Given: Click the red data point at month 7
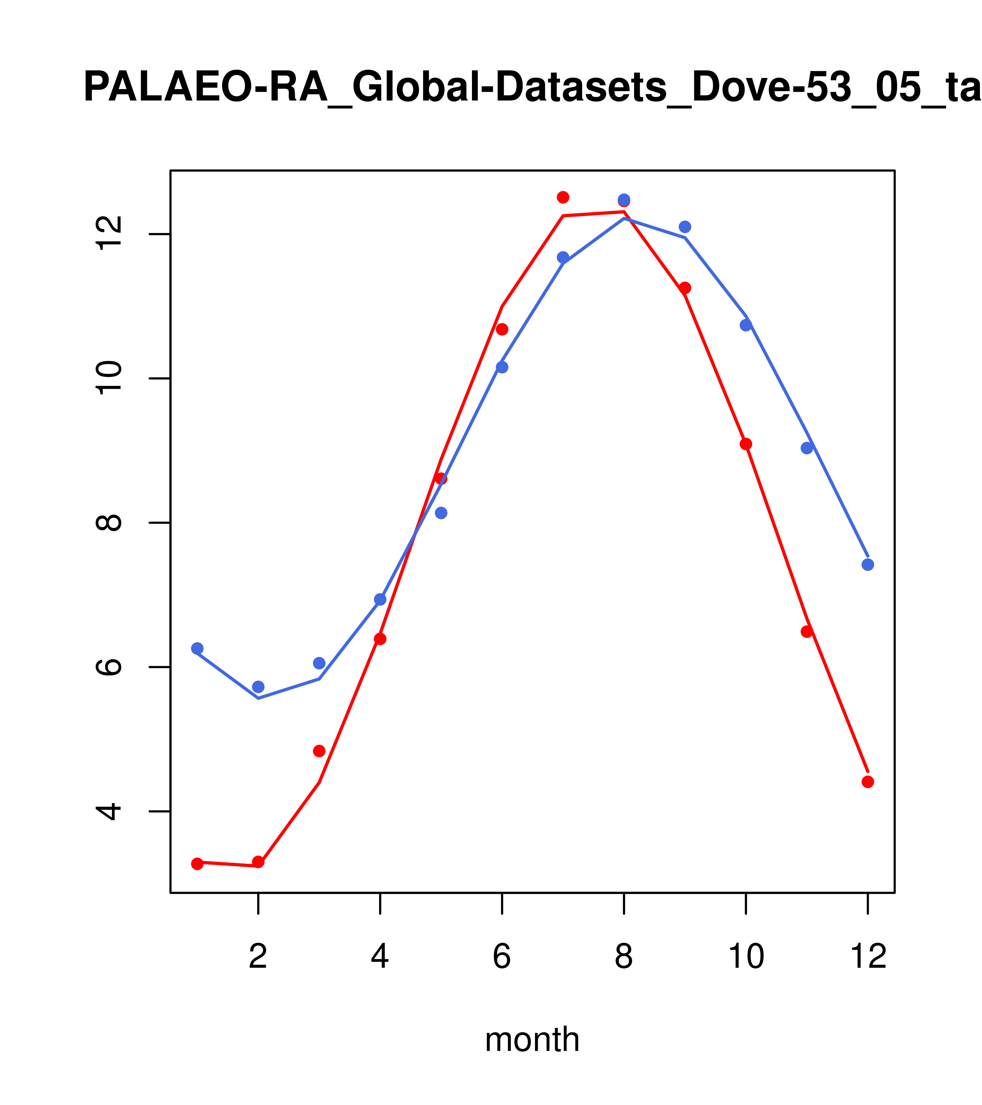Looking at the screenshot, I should coord(563,197).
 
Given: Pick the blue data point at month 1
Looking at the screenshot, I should coord(197,648).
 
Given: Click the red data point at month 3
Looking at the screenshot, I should coord(319,751).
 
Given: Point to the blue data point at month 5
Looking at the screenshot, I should coord(441,513).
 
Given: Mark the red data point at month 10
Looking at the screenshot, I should coord(746,444).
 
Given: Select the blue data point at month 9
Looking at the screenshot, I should coord(685,227).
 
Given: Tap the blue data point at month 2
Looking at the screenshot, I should coord(258,687).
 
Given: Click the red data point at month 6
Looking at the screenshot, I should coord(502,330).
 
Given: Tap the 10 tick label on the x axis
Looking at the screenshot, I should coord(746,957).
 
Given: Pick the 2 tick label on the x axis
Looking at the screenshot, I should coord(258,957).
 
